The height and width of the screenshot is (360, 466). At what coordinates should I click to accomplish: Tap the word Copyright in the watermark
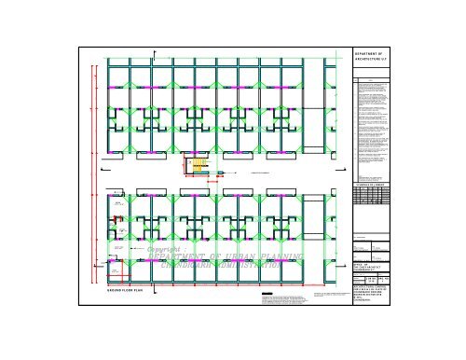pos(167,250)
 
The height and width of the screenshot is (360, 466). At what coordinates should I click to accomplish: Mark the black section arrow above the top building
pos(155,50)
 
